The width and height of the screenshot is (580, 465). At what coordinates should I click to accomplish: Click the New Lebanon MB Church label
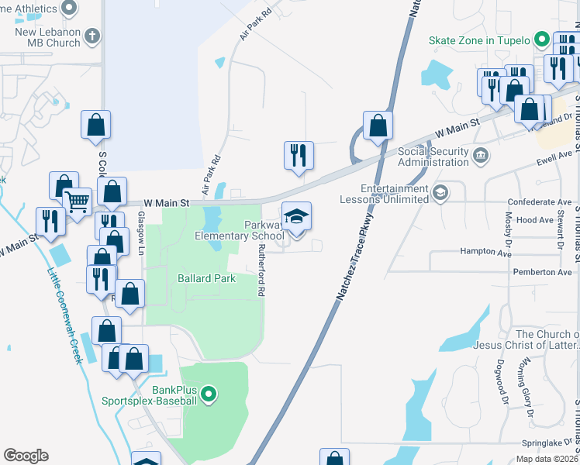[47, 37]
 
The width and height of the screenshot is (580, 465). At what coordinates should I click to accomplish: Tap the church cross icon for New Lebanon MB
[92, 36]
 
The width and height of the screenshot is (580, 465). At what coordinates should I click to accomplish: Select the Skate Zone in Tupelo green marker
[542, 40]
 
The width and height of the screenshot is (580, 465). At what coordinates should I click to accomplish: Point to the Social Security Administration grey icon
[481, 157]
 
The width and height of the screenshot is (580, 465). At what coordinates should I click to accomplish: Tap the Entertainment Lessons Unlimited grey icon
[440, 192]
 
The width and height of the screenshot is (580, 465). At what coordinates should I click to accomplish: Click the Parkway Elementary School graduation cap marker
[295, 218]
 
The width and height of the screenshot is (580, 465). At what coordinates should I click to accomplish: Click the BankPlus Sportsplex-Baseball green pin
[208, 396]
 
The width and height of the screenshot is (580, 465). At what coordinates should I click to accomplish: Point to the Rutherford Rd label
[262, 270]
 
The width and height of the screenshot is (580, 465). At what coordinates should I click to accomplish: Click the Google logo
[26, 456]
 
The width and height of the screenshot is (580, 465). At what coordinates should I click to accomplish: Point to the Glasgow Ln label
[142, 232]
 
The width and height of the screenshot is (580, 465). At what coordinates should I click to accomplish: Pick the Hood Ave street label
[534, 221]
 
